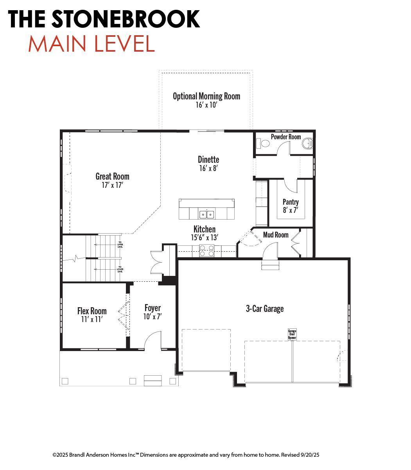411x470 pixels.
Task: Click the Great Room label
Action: [x=112, y=176]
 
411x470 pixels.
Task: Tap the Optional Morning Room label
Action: [x=206, y=96]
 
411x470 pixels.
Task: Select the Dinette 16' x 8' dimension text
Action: [x=208, y=168]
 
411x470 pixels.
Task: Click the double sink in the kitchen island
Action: [x=206, y=214]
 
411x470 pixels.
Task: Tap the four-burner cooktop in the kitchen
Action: [x=206, y=250]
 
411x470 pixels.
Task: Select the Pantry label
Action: [x=291, y=202]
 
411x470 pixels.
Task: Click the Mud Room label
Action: [x=276, y=235]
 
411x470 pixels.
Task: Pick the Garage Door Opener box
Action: [x=292, y=334]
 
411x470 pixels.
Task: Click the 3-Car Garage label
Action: [x=265, y=309]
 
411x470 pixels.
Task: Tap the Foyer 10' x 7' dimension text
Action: [x=153, y=317]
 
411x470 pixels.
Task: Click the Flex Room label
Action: [x=92, y=311]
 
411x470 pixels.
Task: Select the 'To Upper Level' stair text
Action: [x=120, y=245]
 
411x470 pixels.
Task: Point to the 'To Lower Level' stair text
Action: [x=120, y=269]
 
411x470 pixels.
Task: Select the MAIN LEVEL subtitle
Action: [x=92, y=44]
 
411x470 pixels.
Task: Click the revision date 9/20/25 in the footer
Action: [x=310, y=455]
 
